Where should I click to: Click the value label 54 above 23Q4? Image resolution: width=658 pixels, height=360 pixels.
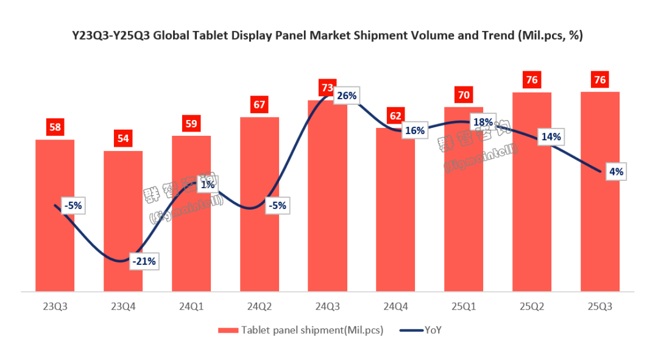pos(123,138)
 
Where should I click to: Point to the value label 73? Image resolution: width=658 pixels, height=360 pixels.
pos(327,88)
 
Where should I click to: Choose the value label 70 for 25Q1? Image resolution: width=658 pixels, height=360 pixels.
pos(464,95)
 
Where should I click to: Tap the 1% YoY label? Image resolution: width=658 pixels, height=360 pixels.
pos(207,185)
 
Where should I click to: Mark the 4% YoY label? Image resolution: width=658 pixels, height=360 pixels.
pos(616,172)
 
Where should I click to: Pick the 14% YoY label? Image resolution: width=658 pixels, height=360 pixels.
pos(551,137)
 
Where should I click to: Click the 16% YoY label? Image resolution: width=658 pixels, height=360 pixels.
pos(414,130)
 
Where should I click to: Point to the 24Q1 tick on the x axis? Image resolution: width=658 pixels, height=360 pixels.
pos(191,308)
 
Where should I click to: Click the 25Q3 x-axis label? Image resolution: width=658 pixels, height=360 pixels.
pos(600,308)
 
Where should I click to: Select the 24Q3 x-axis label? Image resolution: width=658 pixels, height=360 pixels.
pos(328,308)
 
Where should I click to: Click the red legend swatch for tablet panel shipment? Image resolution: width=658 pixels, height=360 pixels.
pos(228,331)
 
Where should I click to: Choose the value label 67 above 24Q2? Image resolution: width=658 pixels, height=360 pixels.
pos(260,104)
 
